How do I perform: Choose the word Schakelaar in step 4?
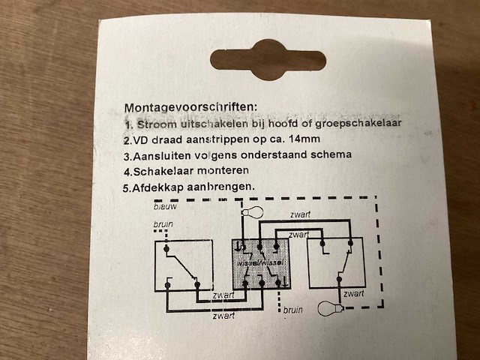coord(163,171)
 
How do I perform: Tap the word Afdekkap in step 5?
coord(158,187)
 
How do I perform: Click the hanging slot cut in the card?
coord(268,64)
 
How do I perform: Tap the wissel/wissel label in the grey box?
coord(259,263)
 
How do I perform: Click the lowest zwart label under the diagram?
coord(223,316)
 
